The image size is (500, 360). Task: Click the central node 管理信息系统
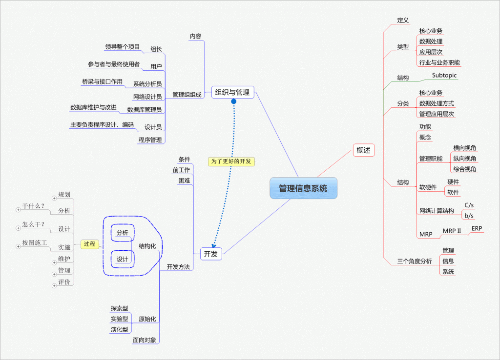303,188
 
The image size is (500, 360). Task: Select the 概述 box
363,150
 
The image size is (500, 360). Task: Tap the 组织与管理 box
232,92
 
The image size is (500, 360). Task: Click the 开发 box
211,253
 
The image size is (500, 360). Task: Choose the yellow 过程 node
90,244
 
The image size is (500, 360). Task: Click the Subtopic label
444,76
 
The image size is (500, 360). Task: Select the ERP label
477,228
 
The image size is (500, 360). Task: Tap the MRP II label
452,231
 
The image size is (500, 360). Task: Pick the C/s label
469,205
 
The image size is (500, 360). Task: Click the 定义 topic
403,20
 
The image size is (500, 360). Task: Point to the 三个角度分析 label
412,261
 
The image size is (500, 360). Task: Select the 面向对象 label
145,340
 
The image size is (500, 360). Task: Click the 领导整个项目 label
122,47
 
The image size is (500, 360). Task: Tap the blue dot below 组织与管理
233,101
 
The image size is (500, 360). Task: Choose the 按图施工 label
34,242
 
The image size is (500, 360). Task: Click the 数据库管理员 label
144,110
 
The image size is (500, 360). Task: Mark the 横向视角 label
464,148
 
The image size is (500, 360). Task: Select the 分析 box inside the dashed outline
122,233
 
